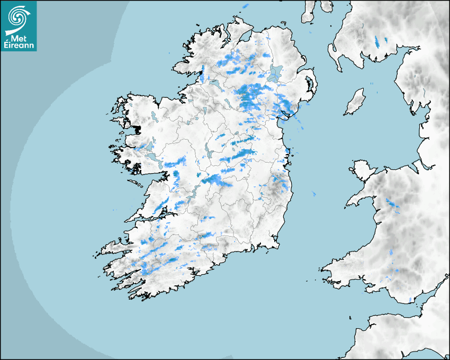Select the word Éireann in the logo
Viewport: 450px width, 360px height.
[19, 46]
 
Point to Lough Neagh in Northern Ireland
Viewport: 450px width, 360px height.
[275, 73]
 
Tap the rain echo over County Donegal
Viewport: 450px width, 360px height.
[202, 71]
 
